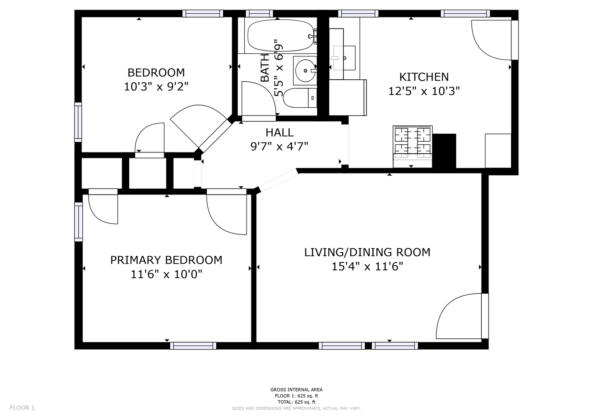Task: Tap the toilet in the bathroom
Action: pyautogui.click(x=300, y=98)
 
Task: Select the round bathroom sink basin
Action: pyautogui.click(x=306, y=70)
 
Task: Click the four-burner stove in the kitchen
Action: pyautogui.click(x=412, y=147)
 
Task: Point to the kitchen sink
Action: pyautogui.click(x=344, y=58)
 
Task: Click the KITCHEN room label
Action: pyautogui.click(x=424, y=77)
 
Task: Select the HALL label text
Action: pyautogui.click(x=280, y=133)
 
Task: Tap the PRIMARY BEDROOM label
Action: pyautogui.click(x=166, y=260)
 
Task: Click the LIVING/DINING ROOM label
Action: pyautogui.click(x=367, y=252)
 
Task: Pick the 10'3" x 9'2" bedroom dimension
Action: pyautogui.click(x=156, y=86)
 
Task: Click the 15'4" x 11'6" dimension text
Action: pyautogui.click(x=367, y=266)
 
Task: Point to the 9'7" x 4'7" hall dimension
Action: pyautogui.click(x=279, y=146)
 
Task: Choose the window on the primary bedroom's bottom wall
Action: pyautogui.click(x=193, y=346)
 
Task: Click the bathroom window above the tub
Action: pyautogui.click(x=259, y=13)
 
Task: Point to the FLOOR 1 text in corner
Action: pyautogui.click(x=22, y=408)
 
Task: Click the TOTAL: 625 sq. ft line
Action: pyautogui.click(x=296, y=402)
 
